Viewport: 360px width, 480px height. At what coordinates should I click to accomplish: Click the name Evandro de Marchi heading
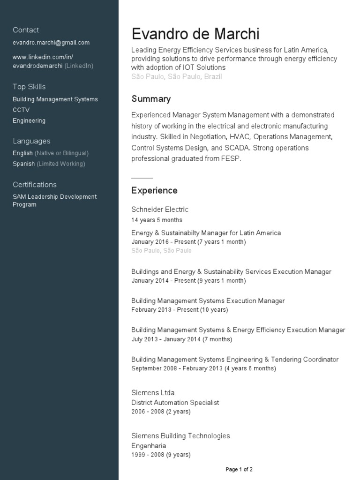(x=195, y=34)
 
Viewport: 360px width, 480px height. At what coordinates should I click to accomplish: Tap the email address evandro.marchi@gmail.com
(x=51, y=43)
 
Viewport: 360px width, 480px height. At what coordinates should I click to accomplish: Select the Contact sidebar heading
(x=26, y=30)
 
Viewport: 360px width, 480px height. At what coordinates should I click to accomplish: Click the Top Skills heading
(x=29, y=87)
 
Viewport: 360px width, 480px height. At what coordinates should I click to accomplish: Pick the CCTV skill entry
(x=21, y=110)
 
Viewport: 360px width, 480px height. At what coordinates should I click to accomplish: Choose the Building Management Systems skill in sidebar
(x=55, y=99)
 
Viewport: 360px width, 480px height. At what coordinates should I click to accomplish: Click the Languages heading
(x=31, y=141)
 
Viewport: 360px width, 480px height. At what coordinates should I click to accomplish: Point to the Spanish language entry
(x=24, y=164)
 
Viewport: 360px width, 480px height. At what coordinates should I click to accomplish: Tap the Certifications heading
(x=35, y=185)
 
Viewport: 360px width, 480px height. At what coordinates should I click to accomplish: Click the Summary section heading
(x=151, y=99)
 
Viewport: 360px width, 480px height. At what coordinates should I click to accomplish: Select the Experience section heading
(x=154, y=190)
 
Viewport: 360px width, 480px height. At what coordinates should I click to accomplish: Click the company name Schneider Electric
(x=160, y=210)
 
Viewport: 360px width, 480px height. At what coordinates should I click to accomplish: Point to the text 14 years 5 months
(x=157, y=220)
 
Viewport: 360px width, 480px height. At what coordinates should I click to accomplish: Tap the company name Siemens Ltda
(x=153, y=393)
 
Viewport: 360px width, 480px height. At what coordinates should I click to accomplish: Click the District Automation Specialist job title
(x=175, y=403)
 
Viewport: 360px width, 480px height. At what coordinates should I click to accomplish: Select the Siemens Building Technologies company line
(x=180, y=436)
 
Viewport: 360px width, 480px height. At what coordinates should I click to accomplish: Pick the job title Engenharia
(x=149, y=446)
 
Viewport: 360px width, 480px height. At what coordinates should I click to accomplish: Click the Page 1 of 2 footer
(x=239, y=469)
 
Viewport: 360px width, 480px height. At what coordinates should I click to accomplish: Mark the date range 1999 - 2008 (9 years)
(x=161, y=455)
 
